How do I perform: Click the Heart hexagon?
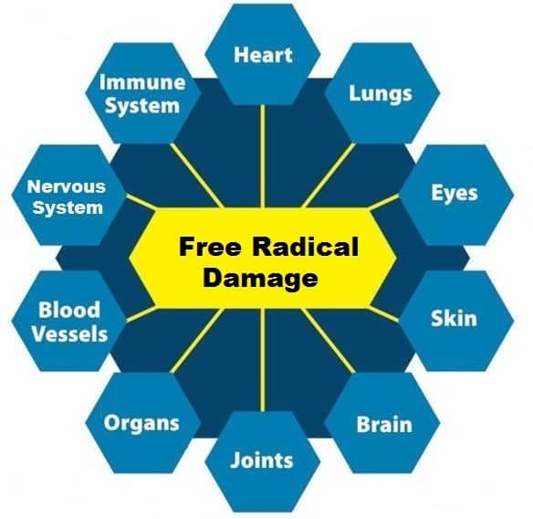(x=263, y=55)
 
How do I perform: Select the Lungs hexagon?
(x=382, y=93)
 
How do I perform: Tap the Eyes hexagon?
(x=456, y=195)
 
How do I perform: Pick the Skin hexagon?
(x=456, y=321)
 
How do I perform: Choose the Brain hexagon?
(x=382, y=423)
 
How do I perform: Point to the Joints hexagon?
(x=263, y=461)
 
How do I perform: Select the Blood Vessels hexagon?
(x=69, y=321)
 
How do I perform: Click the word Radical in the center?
(x=305, y=247)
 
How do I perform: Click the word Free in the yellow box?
(x=209, y=247)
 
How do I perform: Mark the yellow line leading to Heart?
(x=263, y=156)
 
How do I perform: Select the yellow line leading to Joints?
(x=263, y=360)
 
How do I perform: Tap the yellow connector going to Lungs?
(x=329, y=175)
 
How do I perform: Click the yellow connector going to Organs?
(x=197, y=341)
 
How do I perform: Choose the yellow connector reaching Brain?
(x=329, y=341)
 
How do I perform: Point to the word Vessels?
(x=69, y=334)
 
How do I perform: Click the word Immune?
(x=142, y=83)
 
